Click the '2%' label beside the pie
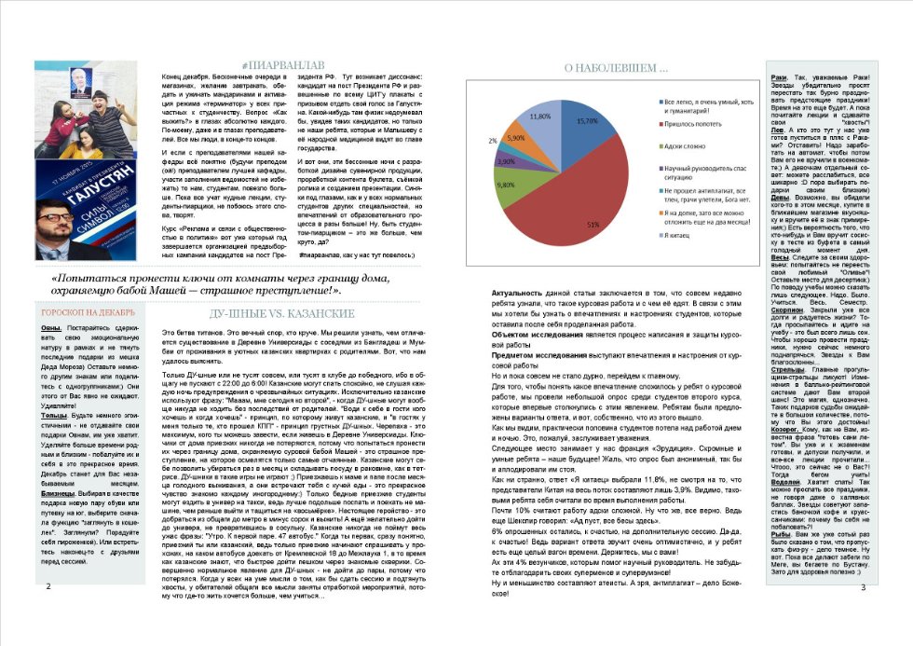492,141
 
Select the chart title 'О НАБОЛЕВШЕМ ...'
614,68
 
